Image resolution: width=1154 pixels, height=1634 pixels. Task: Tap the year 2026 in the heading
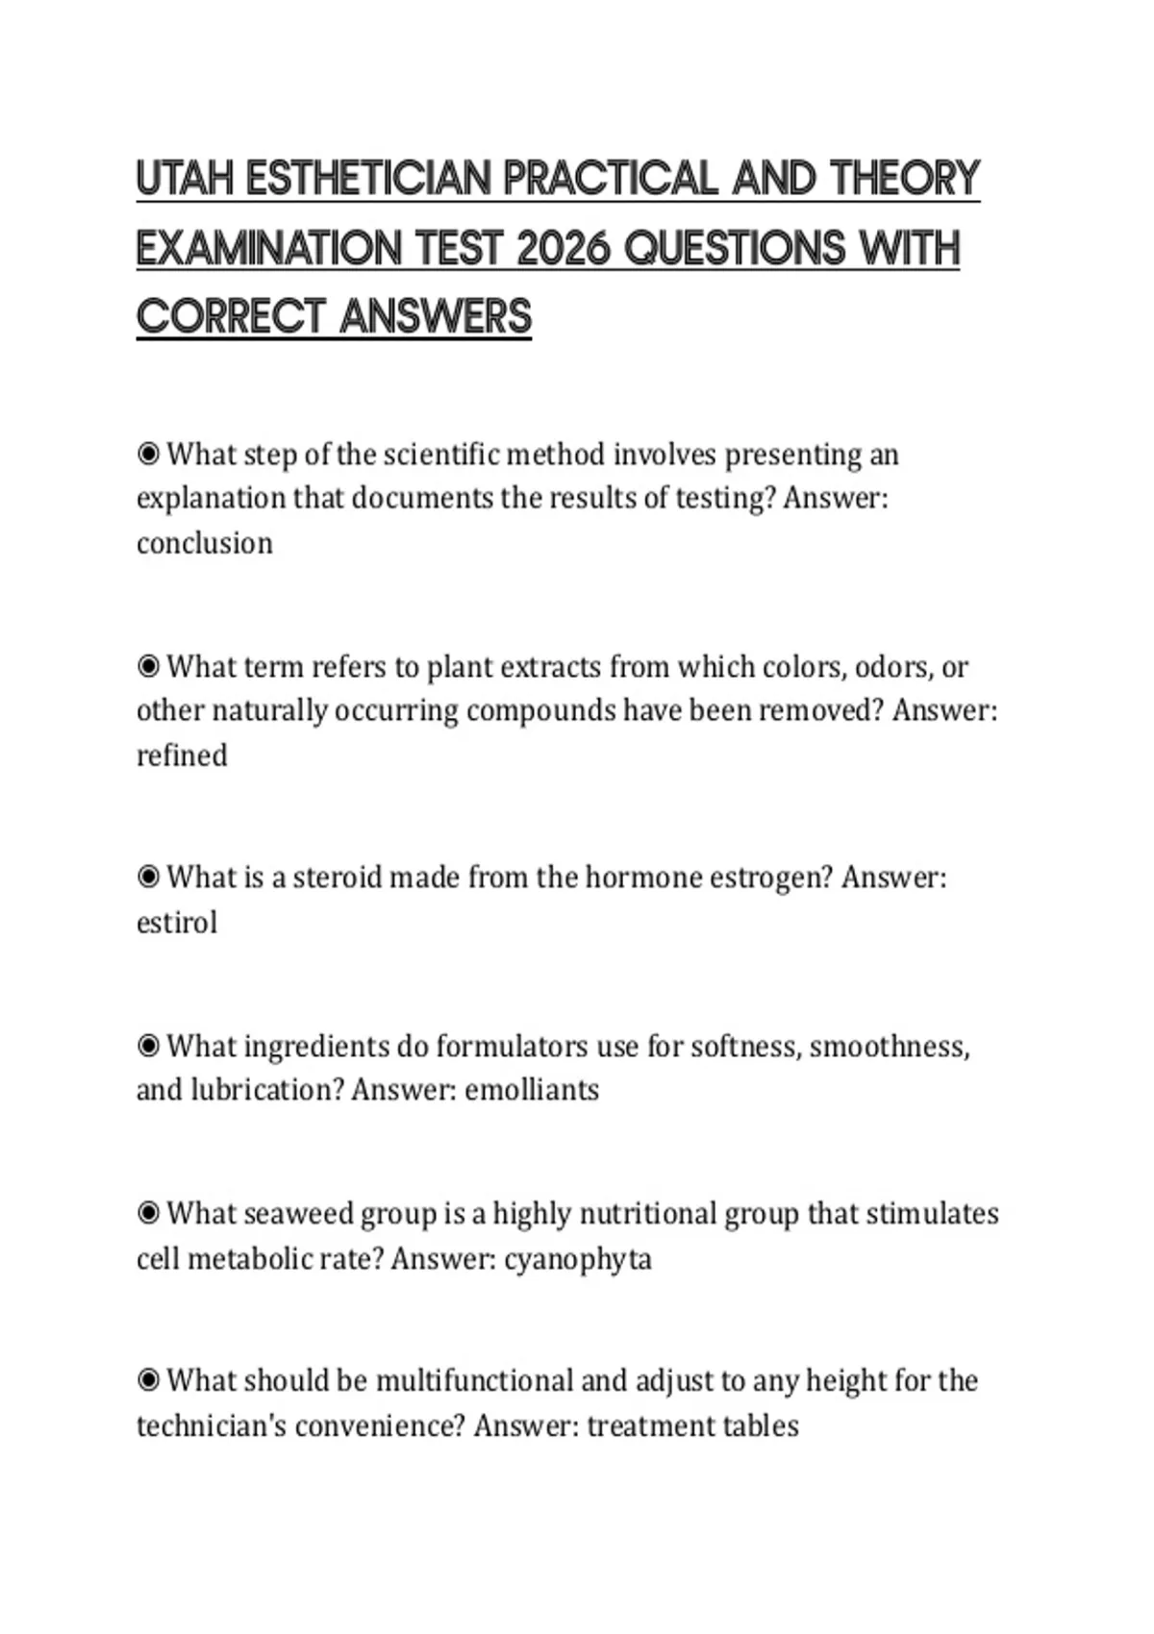tap(564, 249)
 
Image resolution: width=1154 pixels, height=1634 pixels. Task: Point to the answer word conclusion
tap(205, 543)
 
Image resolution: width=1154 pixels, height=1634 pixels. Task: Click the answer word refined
tap(182, 755)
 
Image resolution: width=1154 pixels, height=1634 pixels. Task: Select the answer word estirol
tap(177, 923)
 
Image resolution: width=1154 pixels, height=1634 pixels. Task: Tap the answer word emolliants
tap(532, 1090)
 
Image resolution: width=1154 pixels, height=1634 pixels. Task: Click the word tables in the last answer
tap(765, 1425)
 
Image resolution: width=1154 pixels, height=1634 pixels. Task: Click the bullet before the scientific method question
tap(148, 454)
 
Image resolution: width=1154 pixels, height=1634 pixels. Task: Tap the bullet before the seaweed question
tap(148, 1214)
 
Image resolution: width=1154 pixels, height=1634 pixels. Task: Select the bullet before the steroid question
tap(148, 878)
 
